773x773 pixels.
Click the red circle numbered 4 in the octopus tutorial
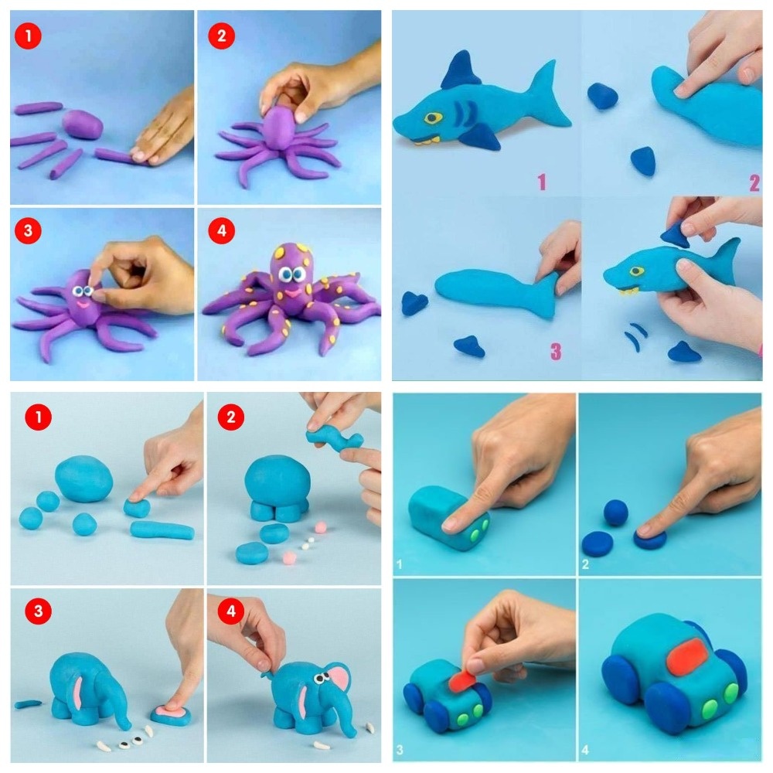221,230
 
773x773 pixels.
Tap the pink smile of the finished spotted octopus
293,293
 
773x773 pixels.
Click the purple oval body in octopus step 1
83,124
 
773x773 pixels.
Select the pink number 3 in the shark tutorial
556,352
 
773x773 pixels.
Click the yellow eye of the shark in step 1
433,117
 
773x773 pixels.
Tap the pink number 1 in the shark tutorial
543,182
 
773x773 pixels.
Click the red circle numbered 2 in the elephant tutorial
230,417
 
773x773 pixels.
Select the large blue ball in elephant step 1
83,479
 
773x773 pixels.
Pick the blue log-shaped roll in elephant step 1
162,530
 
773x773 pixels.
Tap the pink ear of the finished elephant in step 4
337,679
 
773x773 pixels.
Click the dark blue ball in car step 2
616,512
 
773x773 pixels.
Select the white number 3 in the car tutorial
400,750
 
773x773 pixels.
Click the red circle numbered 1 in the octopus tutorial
28,36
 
